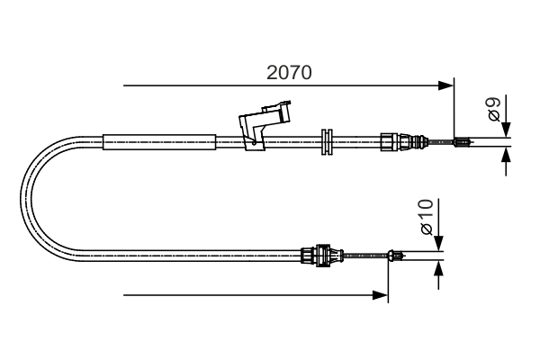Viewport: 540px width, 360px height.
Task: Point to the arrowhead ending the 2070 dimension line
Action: point(446,85)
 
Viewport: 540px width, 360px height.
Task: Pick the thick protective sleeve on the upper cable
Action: point(160,140)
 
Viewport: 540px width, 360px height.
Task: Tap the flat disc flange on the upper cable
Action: point(327,140)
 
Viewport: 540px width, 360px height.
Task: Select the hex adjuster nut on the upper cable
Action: point(389,141)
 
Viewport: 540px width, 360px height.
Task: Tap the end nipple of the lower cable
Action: point(395,256)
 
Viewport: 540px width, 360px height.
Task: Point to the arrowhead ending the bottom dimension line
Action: point(382,294)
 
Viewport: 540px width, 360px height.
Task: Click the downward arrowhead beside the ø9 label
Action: point(506,129)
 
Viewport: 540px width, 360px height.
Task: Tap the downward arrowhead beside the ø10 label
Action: point(438,242)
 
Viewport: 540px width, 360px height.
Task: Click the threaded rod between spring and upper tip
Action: point(441,141)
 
